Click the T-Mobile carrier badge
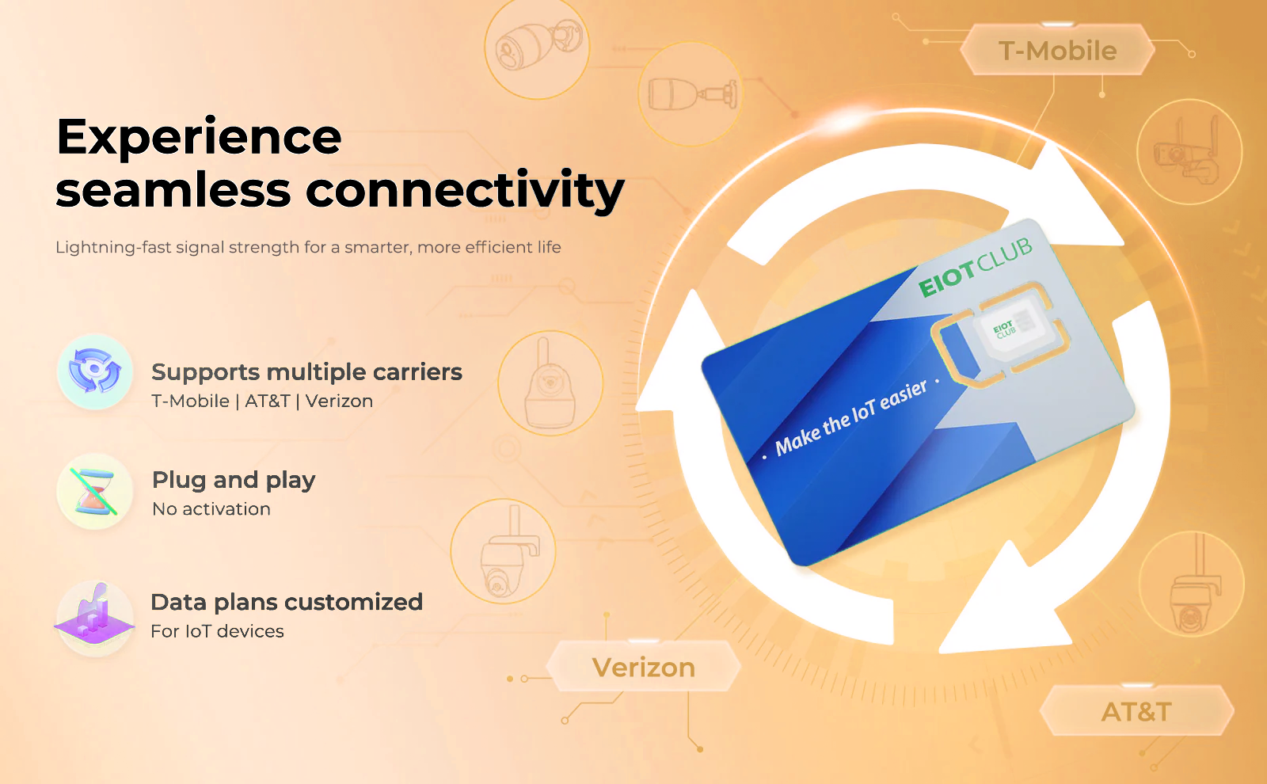[1057, 51]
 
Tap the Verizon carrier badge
[644, 667]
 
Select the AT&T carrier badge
[1136, 711]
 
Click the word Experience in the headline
[199, 138]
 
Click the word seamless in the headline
[173, 190]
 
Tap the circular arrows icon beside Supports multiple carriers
[94, 371]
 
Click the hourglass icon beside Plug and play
[94, 491]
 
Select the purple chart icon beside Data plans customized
[94, 618]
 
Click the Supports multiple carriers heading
[306, 372]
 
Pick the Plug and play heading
[234, 480]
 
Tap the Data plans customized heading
[287, 602]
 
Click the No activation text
[211, 509]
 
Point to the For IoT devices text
[217, 631]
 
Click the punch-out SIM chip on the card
[1001, 335]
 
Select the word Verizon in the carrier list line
[340, 401]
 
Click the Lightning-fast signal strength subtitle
[308, 247]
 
